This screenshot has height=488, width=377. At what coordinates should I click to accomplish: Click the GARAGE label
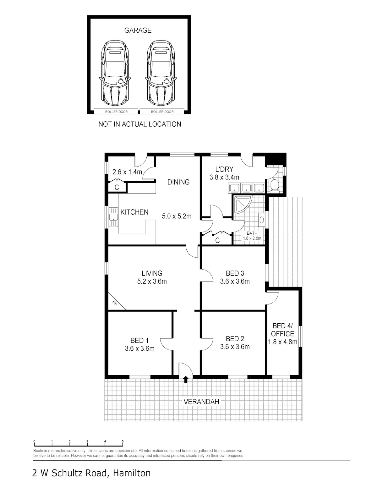[138, 30]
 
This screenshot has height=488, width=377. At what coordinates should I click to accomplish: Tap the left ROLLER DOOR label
[116, 112]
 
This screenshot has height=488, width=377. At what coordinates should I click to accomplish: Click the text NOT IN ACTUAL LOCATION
[140, 124]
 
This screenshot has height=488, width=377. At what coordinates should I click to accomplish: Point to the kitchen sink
[113, 217]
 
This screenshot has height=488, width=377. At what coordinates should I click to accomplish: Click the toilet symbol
[275, 186]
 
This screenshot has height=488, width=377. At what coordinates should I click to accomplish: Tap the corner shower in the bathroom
[243, 204]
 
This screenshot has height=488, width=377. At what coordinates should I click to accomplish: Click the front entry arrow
[186, 379]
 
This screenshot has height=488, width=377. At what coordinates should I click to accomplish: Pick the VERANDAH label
[201, 402]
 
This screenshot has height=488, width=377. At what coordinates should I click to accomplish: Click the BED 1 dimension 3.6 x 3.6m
[140, 348]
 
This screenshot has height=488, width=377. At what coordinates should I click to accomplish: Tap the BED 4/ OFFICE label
[282, 330]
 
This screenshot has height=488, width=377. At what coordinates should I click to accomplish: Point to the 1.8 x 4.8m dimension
[282, 342]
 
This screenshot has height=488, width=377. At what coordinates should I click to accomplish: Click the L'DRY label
[224, 169]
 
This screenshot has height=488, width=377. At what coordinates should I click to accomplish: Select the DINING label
[178, 182]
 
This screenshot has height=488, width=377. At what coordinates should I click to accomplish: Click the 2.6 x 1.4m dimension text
[127, 172]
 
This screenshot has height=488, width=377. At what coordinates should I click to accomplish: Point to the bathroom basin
[262, 219]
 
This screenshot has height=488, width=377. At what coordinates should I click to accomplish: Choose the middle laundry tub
[247, 188]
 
